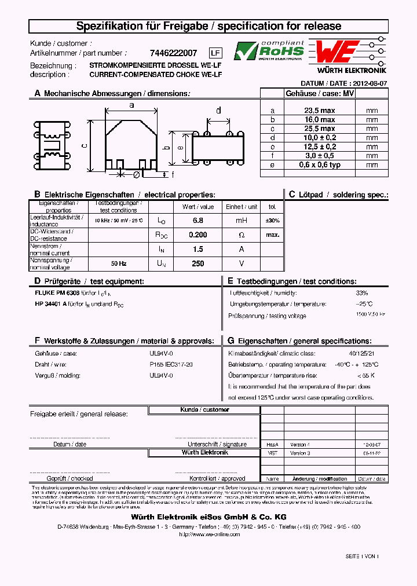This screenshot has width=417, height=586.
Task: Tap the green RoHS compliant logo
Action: point(269,51)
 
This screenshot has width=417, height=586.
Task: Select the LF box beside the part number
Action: point(215,53)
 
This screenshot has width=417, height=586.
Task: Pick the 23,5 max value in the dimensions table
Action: point(320,110)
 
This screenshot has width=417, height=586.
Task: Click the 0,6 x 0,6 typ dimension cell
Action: point(320,164)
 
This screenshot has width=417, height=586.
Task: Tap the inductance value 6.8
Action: point(197,221)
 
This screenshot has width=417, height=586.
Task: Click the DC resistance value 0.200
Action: point(197,235)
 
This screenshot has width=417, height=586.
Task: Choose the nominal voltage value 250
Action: point(197,263)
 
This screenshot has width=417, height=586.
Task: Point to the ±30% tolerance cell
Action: point(272,221)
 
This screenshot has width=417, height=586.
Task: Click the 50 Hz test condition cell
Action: point(119,263)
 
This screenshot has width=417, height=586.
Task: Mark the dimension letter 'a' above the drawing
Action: point(131,105)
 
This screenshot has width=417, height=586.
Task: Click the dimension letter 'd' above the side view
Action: point(218,110)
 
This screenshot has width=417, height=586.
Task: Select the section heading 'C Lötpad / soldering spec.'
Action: point(338,195)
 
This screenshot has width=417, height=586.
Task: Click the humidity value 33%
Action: point(362,293)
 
